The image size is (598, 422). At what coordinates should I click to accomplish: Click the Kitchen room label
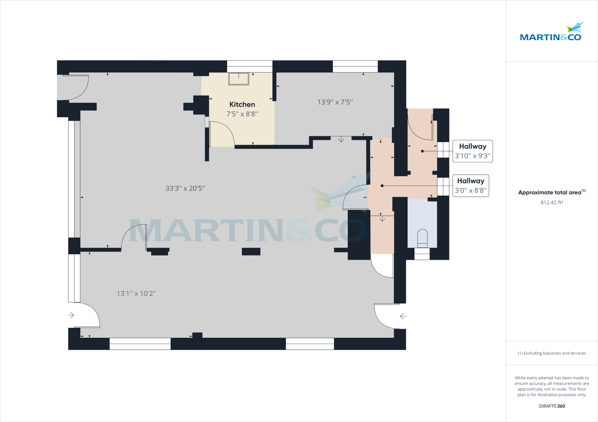[x=242, y=104]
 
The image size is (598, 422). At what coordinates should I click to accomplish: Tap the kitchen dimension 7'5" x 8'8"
[x=242, y=114]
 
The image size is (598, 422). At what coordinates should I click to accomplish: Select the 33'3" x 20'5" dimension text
[x=185, y=188]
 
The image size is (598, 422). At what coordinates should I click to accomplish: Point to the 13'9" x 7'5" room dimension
[x=335, y=102]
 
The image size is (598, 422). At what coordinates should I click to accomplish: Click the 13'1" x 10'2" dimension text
[x=136, y=293]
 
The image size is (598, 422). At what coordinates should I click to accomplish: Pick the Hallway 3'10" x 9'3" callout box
[x=472, y=151]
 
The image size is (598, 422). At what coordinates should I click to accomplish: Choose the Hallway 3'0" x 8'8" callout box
[x=471, y=186]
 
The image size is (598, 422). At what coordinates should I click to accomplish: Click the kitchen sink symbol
[x=239, y=79]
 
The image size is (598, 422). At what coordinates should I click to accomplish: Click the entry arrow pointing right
[x=71, y=315]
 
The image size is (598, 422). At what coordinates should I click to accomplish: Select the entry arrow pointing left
[x=403, y=316]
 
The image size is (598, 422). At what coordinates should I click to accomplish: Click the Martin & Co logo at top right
[x=551, y=32]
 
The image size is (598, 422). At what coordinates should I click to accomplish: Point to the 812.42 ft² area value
[x=552, y=203]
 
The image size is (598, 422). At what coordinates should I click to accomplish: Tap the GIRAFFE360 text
[x=552, y=406]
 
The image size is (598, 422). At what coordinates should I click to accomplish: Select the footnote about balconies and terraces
[x=552, y=353]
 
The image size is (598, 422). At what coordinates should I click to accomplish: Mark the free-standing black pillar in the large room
[x=251, y=252]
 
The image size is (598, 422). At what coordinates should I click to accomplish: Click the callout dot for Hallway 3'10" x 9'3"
[x=422, y=151]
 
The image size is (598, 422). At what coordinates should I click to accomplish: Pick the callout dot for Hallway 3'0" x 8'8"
[x=382, y=186]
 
